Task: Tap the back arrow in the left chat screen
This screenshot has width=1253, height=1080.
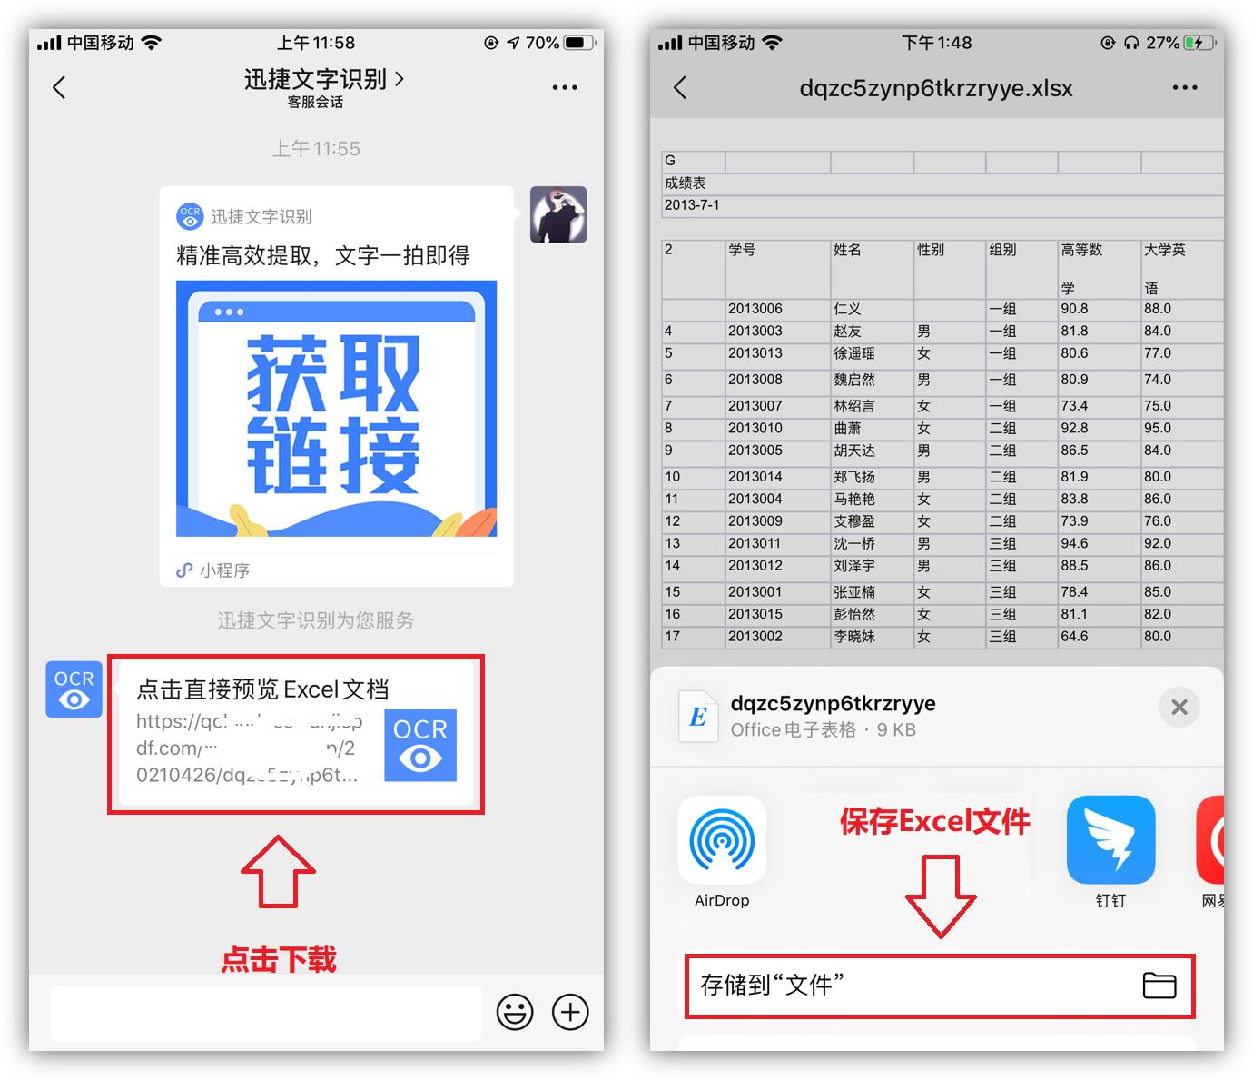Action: (x=59, y=87)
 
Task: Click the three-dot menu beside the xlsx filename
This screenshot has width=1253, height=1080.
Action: (x=1185, y=87)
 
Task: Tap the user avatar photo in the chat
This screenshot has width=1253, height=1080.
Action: (x=558, y=214)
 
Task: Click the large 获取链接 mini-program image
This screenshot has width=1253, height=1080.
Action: (x=336, y=409)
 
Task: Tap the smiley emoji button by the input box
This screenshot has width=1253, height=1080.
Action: (x=515, y=1012)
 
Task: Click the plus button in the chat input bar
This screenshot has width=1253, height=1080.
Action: (x=570, y=1012)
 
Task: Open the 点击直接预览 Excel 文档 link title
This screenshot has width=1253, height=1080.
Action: (x=262, y=689)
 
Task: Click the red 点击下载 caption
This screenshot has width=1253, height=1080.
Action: (x=279, y=959)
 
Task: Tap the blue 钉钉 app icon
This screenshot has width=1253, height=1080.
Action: (x=1110, y=840)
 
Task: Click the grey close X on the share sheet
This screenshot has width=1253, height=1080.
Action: (x=1179, y=707)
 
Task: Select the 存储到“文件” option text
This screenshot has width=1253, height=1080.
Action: (x=772, y=985)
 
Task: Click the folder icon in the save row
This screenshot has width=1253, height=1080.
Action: (x=1159, y=986)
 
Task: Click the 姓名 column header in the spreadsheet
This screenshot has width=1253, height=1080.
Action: (x=847, y=250)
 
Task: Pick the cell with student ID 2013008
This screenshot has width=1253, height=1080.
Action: (x=755, y=380)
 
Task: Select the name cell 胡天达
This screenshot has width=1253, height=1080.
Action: (x=854, y=451)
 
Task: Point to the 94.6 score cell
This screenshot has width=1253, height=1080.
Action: (x=1074, y=543)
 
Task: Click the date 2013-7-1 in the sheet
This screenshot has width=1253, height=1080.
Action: (x=692, y=205)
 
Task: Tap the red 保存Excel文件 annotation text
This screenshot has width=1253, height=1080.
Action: (x=934, y=821)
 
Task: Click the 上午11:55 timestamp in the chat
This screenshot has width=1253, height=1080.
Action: (x=316, y=149)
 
